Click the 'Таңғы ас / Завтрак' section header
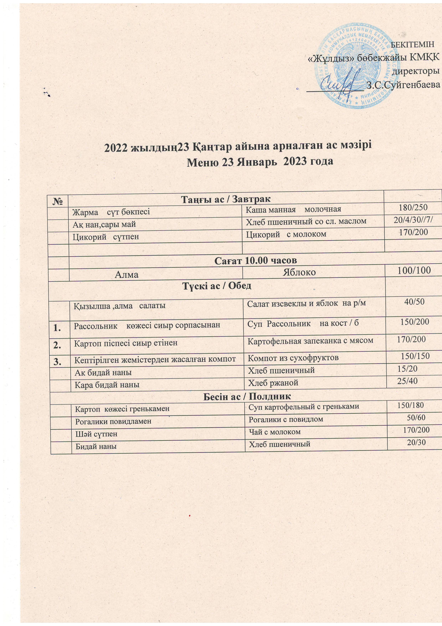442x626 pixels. pyautogui.click(x=226, y=199)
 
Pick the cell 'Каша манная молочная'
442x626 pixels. pyautogui.click(x=293, y=209)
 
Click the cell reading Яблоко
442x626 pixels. pyautogui.click(x=299, y=272)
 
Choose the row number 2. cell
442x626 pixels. pyautogui.click(x=57, y=345)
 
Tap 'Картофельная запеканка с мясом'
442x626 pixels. pyautogui.click(x=310, y=340)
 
